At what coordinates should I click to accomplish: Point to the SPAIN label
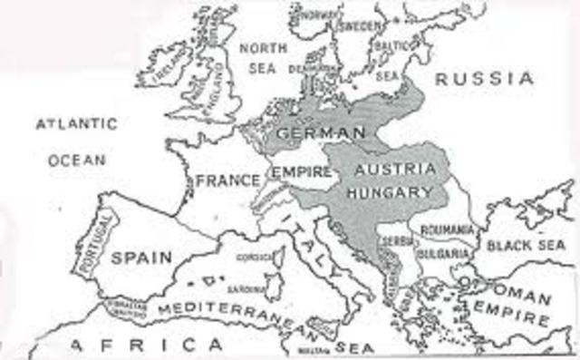pos(141,257)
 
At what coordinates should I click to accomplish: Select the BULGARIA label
pos(446,252)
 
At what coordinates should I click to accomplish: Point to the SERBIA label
pos(399,242)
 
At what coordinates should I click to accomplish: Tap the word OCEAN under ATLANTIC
pos(77,160)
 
